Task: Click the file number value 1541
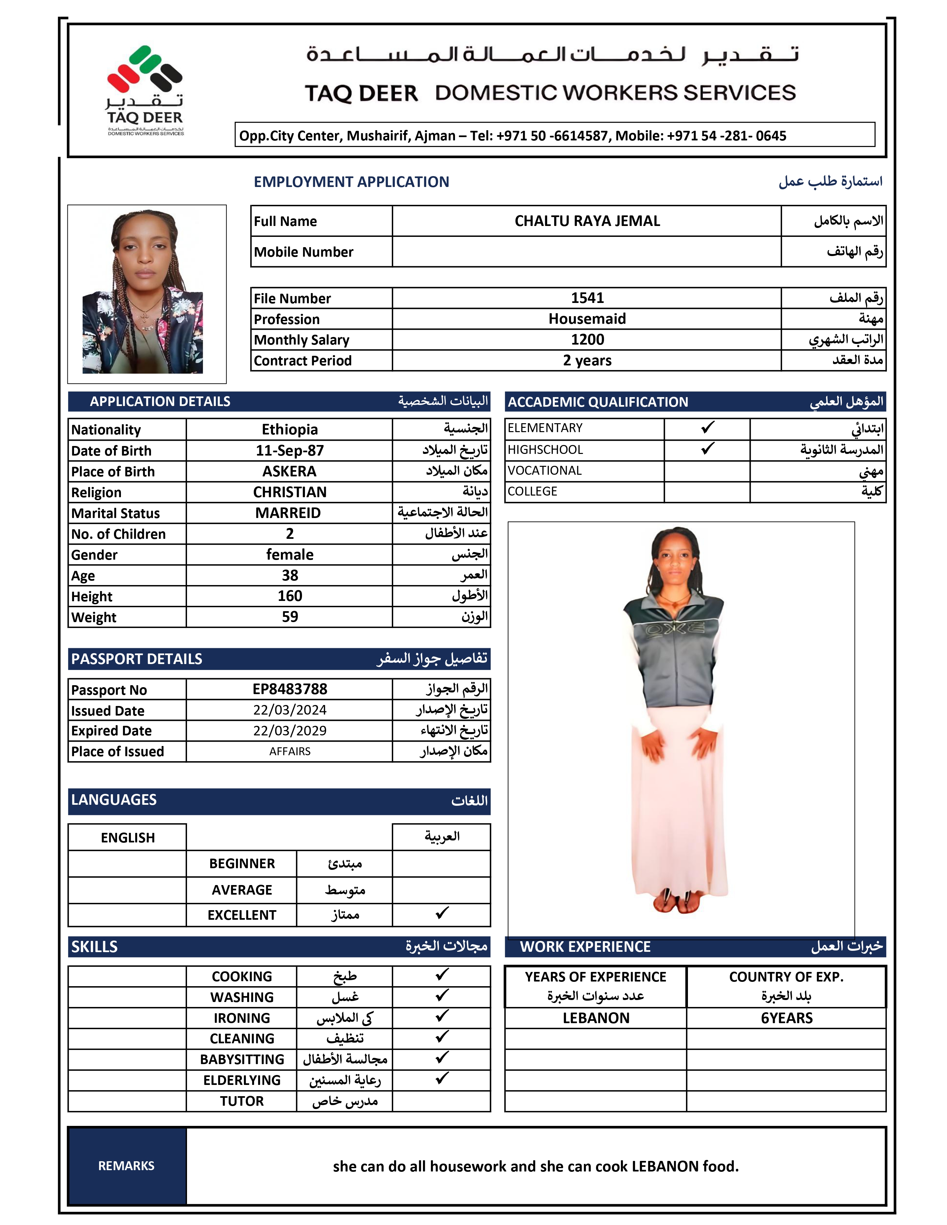587,298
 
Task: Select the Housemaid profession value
587,318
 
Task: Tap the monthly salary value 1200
587,339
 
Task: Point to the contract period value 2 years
587,360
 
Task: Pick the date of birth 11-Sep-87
289,450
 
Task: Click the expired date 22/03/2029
289,730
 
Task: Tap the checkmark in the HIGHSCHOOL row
707,449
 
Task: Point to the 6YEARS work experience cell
786,1018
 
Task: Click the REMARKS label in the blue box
126,1166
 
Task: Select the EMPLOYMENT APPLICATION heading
351,182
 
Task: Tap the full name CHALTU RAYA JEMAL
587,221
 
